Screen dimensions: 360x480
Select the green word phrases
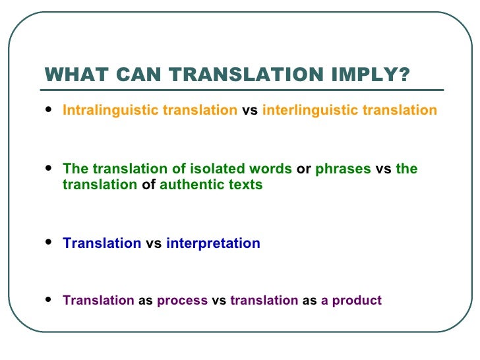click(x=344, y=169)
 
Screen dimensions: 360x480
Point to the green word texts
click(x=244, y=185)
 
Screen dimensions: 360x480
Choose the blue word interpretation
click(x=213, y=243)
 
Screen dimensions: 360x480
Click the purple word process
click(x=183, y=301)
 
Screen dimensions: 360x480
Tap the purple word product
click(x=357, y=301)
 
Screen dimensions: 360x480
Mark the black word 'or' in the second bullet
click(x=304, y=169)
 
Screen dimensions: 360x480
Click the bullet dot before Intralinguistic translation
click(x=49, y=109)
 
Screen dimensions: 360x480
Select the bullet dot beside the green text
click(x=49, y=168)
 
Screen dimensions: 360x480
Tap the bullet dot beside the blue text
click(x=49, y=243)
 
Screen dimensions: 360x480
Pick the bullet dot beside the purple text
click(x=49, y=300)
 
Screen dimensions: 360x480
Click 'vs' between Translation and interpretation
click(x=154, y=243)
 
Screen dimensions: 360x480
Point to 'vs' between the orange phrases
click(x=251, y=110)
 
